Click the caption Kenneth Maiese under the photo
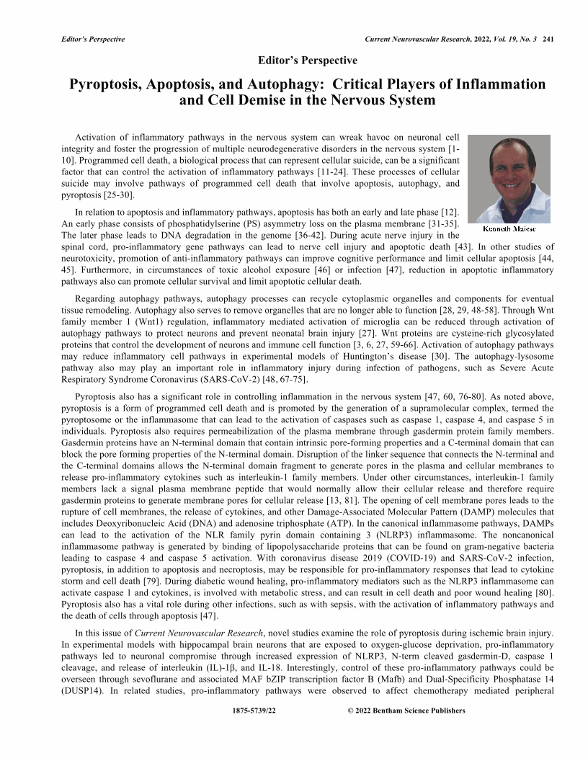pos(510,228)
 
